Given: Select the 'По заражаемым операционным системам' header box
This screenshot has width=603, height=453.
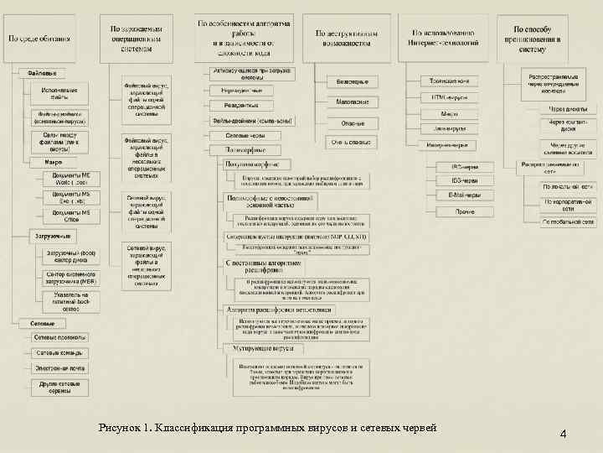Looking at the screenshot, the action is tap(138, 38).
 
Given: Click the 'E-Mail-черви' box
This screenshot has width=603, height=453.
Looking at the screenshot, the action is tap(466, 195).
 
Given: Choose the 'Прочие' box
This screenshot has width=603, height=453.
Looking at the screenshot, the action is tap(466, 211).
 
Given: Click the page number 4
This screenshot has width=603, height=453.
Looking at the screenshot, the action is tap(564, 434).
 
